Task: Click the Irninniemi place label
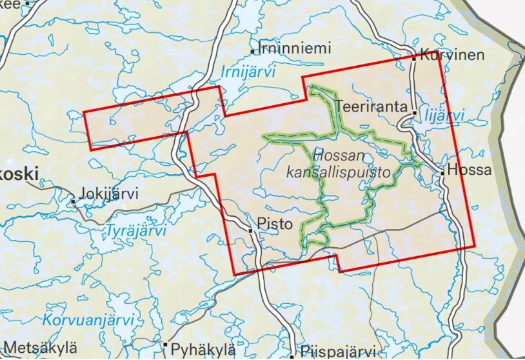click(294, 48)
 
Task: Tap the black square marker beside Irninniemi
click(253, 50)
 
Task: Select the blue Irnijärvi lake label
click(248, 72)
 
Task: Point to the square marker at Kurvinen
click(415, 58)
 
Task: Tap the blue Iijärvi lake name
click(446, 115)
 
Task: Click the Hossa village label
click(473, 171)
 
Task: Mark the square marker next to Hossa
click(442, 172)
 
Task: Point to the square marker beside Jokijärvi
click(73, 202)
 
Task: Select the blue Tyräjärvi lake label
click(135, 231)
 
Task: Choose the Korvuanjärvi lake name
click(89, 320)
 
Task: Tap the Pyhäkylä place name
click(203, 350)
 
